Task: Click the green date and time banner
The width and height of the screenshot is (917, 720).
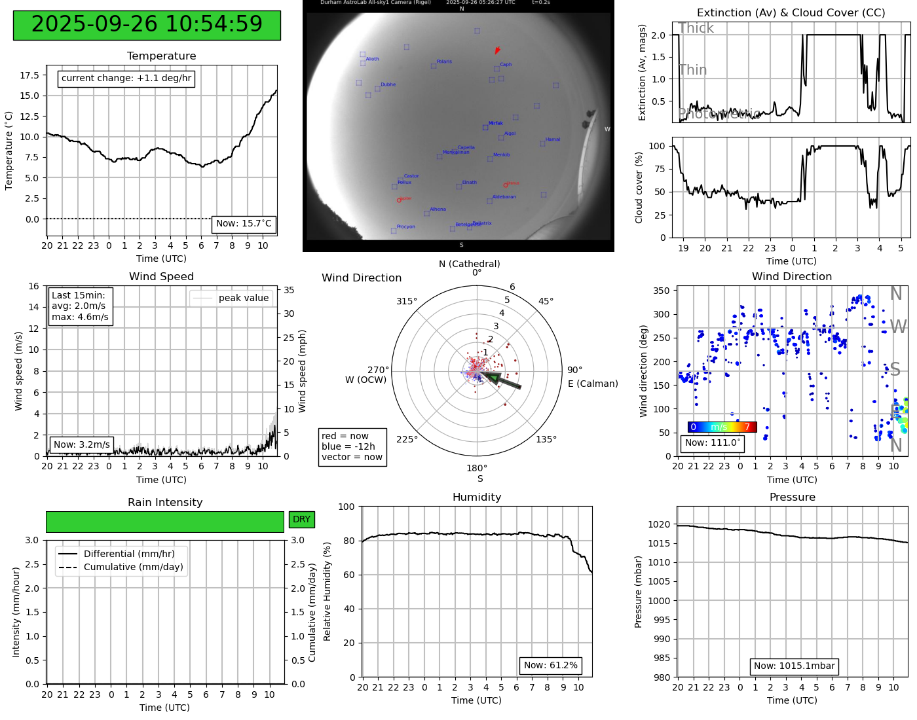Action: click(x=147, y=25)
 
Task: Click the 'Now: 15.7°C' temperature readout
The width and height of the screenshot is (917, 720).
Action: click(x=244, y=224)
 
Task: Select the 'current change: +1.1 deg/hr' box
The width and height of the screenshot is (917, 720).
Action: click(x=126, y=79)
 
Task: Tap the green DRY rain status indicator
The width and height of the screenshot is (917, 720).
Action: click(x=301, y=520)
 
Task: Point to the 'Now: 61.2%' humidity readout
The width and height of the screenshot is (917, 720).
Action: click(x=550, y=666)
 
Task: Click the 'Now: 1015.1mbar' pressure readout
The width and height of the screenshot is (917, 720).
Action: click(x=794, y=666)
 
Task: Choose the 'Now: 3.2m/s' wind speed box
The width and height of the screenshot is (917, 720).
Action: click(x=82, y=445)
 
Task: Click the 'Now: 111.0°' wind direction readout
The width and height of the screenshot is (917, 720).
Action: click(x=713, y=443)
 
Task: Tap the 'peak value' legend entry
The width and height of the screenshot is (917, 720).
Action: click(x=231, y=298)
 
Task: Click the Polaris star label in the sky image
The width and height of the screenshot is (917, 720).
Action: click(x=443, y=62)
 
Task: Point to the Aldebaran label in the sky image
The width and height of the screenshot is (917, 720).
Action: click(x=504, y=197)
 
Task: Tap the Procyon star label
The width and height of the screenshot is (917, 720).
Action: click(x=405, y=227)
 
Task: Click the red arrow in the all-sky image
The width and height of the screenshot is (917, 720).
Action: click(x=497, y=50)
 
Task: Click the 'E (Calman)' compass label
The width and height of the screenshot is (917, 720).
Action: click(x=593, y=384)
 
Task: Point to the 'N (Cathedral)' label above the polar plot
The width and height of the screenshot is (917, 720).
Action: click(x=469, y=264)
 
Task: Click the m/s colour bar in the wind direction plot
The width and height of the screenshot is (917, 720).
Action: click(x=722, y=427)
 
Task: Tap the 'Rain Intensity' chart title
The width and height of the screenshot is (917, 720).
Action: click(x=165, y=503)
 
